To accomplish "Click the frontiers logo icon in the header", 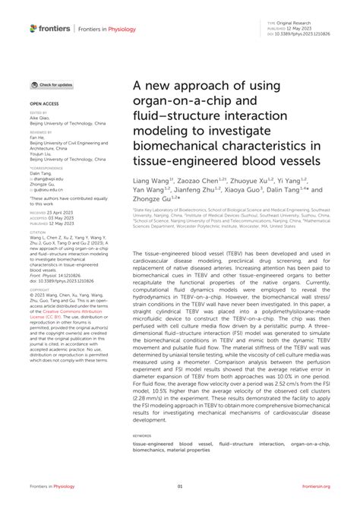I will [34, 28].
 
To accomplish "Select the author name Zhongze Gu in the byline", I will [155, 200].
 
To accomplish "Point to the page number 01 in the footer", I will [180, 486].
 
